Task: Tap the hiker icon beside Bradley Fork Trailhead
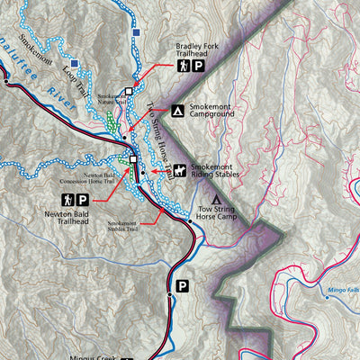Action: (x=184, y=66)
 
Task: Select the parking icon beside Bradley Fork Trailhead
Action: (x=198, y=66)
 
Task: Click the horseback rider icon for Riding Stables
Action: (x=180, y=169)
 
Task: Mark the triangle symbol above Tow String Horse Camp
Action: (x=216, y=199)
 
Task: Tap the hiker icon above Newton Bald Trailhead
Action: (x=67, y=201)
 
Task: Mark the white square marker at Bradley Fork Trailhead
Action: (x=129, y=92)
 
